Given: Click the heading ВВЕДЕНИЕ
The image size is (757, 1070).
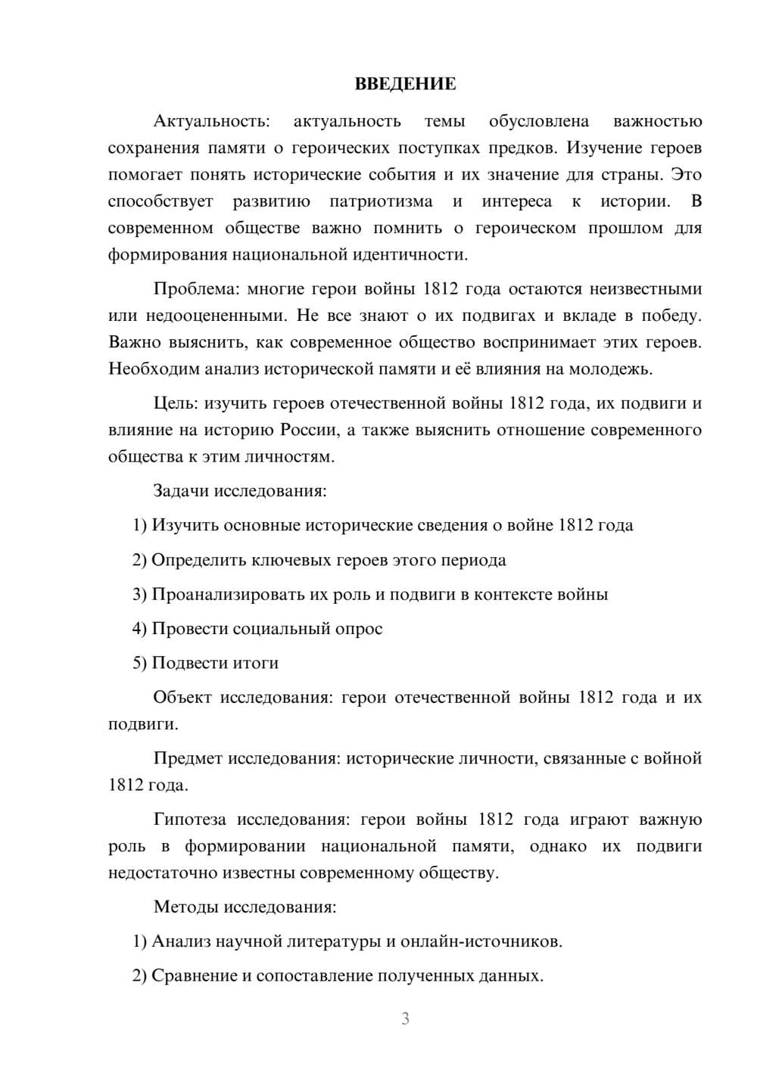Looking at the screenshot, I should [x=405, y=84].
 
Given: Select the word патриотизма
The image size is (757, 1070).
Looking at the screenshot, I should [x=381, y=201].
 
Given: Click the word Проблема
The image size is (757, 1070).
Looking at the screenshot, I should [x=189, y=289].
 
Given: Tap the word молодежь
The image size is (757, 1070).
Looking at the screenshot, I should [x=614, y=369].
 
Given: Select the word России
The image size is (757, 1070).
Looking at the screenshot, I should [x=308, y=430].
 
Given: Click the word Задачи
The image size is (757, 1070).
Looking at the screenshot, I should [x=181, y=491].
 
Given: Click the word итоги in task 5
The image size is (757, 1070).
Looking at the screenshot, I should [x=255, y=663].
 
